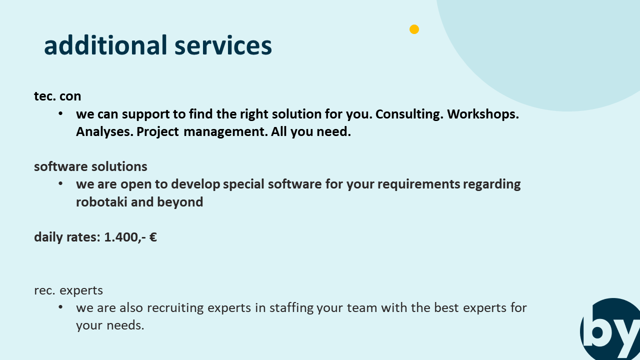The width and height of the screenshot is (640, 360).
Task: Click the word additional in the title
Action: [x=105, y=45]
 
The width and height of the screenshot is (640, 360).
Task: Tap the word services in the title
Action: [x=223, y=46]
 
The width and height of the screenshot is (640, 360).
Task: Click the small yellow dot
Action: [x=414, y=29]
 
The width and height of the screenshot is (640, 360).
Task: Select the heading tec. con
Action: [x=57, y=96]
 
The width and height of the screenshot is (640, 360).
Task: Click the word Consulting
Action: [x=409, y=114]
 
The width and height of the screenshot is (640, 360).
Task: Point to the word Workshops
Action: [x=483, y=114]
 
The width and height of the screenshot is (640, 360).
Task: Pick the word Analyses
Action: [x=104, y=132]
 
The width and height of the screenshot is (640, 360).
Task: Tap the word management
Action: [x=225, y=132]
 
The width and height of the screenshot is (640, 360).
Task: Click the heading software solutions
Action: [x=90, y=166]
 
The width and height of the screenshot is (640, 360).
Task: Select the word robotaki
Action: [x=101, y=202]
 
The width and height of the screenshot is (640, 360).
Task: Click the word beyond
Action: [x=180, y=202]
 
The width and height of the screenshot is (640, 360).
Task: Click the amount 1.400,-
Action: [x=125, y=237]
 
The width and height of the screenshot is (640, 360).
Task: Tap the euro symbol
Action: [x=153, y=237]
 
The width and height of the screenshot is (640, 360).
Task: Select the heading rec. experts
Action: [x=68, y=290]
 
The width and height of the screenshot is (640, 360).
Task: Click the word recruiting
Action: [x=175, y=308]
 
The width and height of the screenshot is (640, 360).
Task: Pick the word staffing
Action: [x=291, y=308]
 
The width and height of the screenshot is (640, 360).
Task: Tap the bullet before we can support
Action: [x=60, y=113]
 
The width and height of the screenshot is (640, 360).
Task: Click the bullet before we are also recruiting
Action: [x=60, y=307]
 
